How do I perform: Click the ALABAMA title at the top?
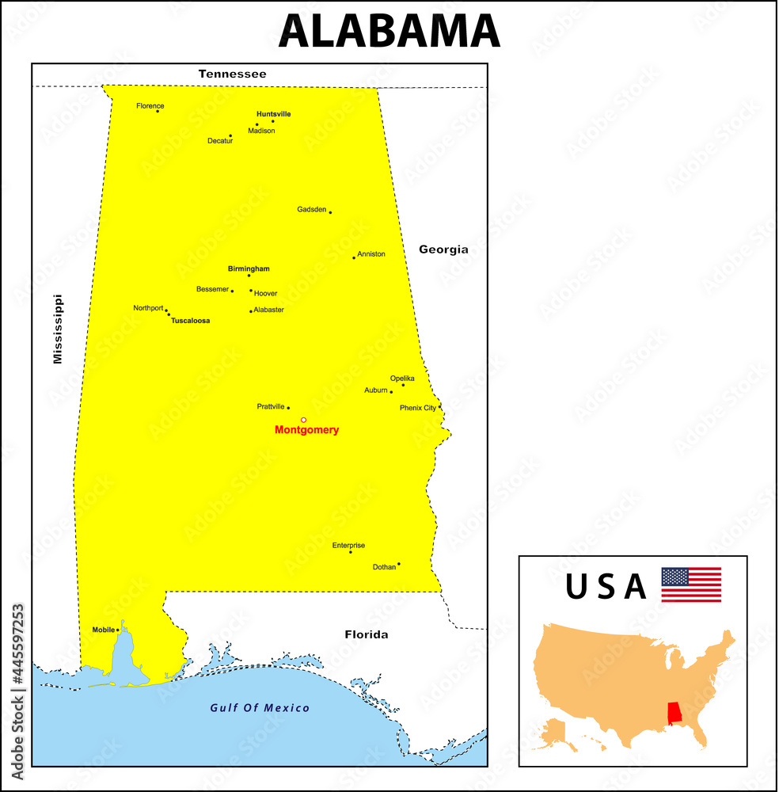tap(389, 32)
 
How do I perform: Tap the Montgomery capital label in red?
tap(306, 430)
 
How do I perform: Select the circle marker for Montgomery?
tap(303, 420)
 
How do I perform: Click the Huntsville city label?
tap(273, 114)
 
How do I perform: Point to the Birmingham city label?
tap(249, 268)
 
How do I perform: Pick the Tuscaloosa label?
tap(191, 321)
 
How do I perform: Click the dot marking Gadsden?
tap(330, 212)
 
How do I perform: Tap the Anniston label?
tap(371, 254)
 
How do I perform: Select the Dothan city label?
tap(384, 567)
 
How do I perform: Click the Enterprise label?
tap(348, 545)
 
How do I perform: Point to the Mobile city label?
tap(103, 630)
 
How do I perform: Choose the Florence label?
tap(150, 105)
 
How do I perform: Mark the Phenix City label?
tap(418, 408)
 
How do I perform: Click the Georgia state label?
tap(443, 249)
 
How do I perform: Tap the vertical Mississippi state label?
tap(57, 329)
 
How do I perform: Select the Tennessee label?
tap(232, 74)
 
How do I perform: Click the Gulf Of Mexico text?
tap(260, 708)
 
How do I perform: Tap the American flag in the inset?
tap(691, 584)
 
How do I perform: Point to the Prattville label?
tap(271, 406)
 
